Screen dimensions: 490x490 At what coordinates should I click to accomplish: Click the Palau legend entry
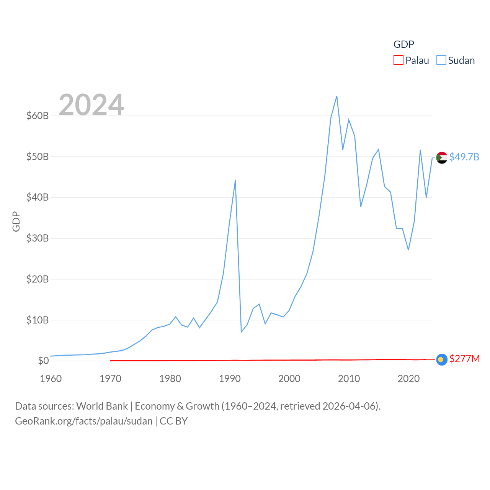[x=412, y=60]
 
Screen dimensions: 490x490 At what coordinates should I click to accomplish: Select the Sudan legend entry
[x=456, y=60]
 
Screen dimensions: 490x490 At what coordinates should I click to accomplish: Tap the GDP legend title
[x=404, y=44]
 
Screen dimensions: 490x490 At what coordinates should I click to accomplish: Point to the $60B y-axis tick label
[x=38, y=116]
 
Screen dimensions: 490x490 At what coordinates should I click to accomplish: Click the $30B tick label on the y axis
[x=38, y=238]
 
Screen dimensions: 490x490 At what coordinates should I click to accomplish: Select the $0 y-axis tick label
[x=43, y=361]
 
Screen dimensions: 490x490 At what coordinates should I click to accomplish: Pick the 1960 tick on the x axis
[x=51, y=379]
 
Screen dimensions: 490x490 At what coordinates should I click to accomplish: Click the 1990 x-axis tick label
[x=230, y=379]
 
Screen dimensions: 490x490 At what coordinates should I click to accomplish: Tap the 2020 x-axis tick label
[x=408, y=379]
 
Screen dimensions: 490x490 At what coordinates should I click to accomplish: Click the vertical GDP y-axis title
[x=16, y=221]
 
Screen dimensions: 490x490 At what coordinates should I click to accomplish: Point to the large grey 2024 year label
[x=91, y=105]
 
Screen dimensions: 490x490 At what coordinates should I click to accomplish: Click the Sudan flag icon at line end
[x=442, y=157]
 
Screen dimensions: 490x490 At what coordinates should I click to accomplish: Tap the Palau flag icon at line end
[x=442, y=359]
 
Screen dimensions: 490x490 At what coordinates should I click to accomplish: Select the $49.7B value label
[x=464, y=157]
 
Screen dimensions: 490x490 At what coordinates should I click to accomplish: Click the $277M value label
[x=464, y=359]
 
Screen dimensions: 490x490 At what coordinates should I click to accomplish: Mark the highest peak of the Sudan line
[x=336, y=96]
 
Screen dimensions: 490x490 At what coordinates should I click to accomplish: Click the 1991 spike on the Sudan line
[x=235, y=181]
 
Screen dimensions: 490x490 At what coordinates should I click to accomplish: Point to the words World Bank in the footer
[x=102, y=406]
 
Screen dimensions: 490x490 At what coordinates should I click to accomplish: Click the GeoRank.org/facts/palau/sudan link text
[x=84, y=421]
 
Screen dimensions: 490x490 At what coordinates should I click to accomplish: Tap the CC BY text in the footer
[x=173, y=421]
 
